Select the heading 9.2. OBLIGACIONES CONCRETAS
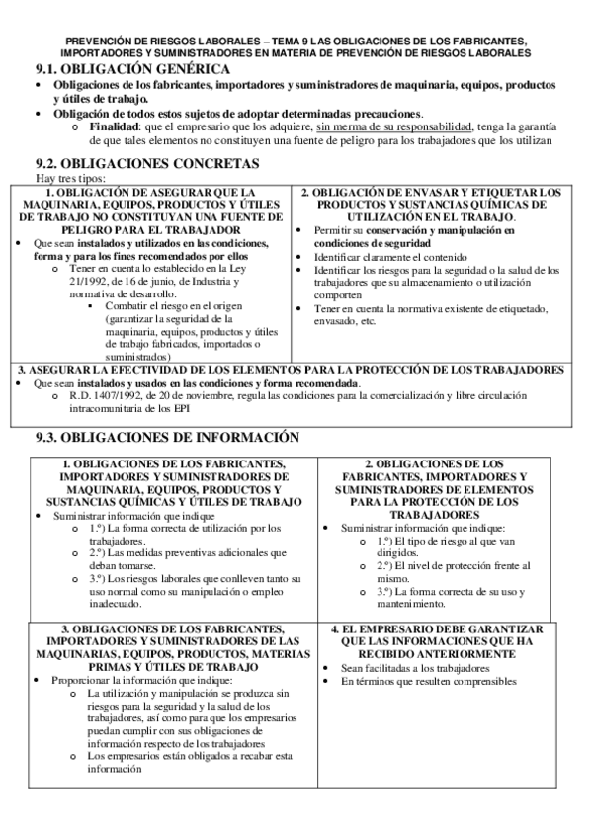147,163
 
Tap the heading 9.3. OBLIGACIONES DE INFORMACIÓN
166,436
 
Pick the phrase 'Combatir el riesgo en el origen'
175,305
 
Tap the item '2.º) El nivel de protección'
453,566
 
